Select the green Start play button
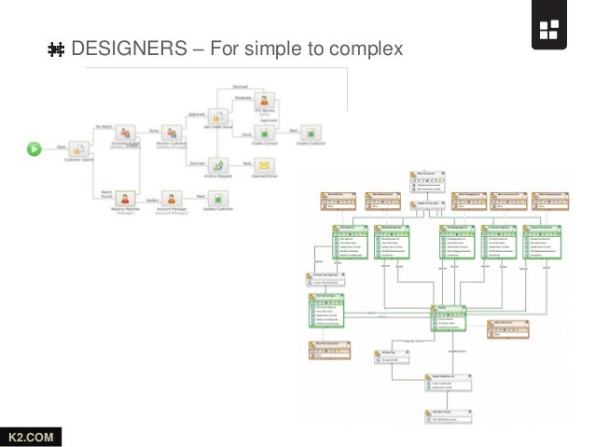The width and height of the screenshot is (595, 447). (35, 147)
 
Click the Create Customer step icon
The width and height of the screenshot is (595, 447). (312, 133)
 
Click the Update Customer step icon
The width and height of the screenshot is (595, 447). (216, 199)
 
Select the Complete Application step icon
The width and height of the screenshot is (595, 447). (126, 133)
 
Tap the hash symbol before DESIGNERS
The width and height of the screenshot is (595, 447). (56, 48)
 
